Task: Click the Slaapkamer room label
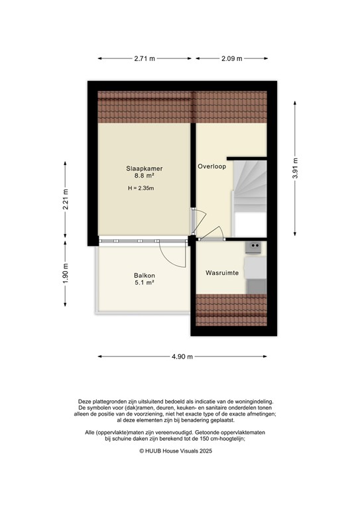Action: click(x=144, y=169)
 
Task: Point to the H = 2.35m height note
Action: click(x=144, y=188)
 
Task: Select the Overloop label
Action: click(x=211, y=166)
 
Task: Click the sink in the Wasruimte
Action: click(x=253, y=247)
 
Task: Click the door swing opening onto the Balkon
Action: click(x=171, y=253)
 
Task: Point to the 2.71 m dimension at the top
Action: click(x=144, y=58)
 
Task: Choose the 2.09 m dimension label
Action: click(x=232, y=58)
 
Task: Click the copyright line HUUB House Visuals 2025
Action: click(x=180, y=450)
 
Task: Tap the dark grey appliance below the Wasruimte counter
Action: click(x=255, y=286)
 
